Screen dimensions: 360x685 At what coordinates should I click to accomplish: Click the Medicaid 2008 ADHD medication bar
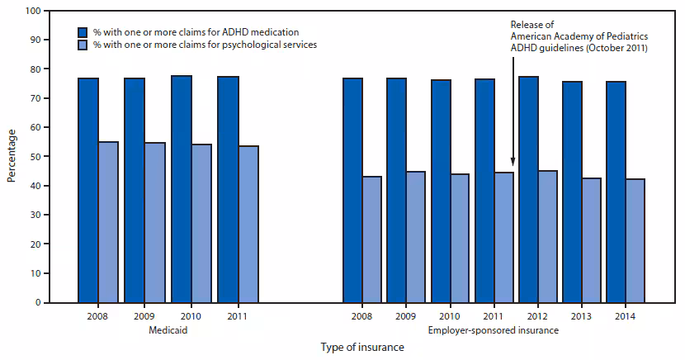(x=88, y=190)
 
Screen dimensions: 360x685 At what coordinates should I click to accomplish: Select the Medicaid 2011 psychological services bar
(x=248, y=224)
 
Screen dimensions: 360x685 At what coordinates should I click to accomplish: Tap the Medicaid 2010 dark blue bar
(x=182, y=189)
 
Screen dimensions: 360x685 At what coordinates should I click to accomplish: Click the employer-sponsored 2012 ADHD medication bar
(x=528, y=189)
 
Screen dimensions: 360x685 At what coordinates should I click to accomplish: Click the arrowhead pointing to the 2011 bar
(x=513, y=163)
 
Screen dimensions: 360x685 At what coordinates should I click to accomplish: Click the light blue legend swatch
(x=83, y=44)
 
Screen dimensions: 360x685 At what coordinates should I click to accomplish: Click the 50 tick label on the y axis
(x=33, y=156)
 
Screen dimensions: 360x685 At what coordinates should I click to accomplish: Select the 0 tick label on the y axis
(x=36, y=302)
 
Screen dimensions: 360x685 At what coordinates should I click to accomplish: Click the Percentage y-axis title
(x=12, y=156)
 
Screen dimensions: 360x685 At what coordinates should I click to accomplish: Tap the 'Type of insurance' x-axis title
(x=362, y=347)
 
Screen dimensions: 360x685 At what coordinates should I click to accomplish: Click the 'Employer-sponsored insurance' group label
(x=493, y=329)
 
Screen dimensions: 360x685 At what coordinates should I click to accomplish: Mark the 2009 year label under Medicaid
(x=144, y=315)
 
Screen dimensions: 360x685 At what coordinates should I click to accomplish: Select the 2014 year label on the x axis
(x=625, y=315)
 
